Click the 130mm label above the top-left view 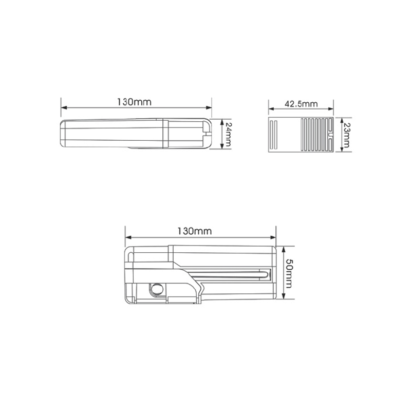[x=134, y=102]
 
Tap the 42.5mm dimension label [x=301, y=104]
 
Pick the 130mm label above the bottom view [x=195, y=231]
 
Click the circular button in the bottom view [x=157, y=289]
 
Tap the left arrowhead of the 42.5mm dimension [x=271, y=109]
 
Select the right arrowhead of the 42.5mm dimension [x=330, y=109]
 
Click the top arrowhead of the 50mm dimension [x=284, y=249]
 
